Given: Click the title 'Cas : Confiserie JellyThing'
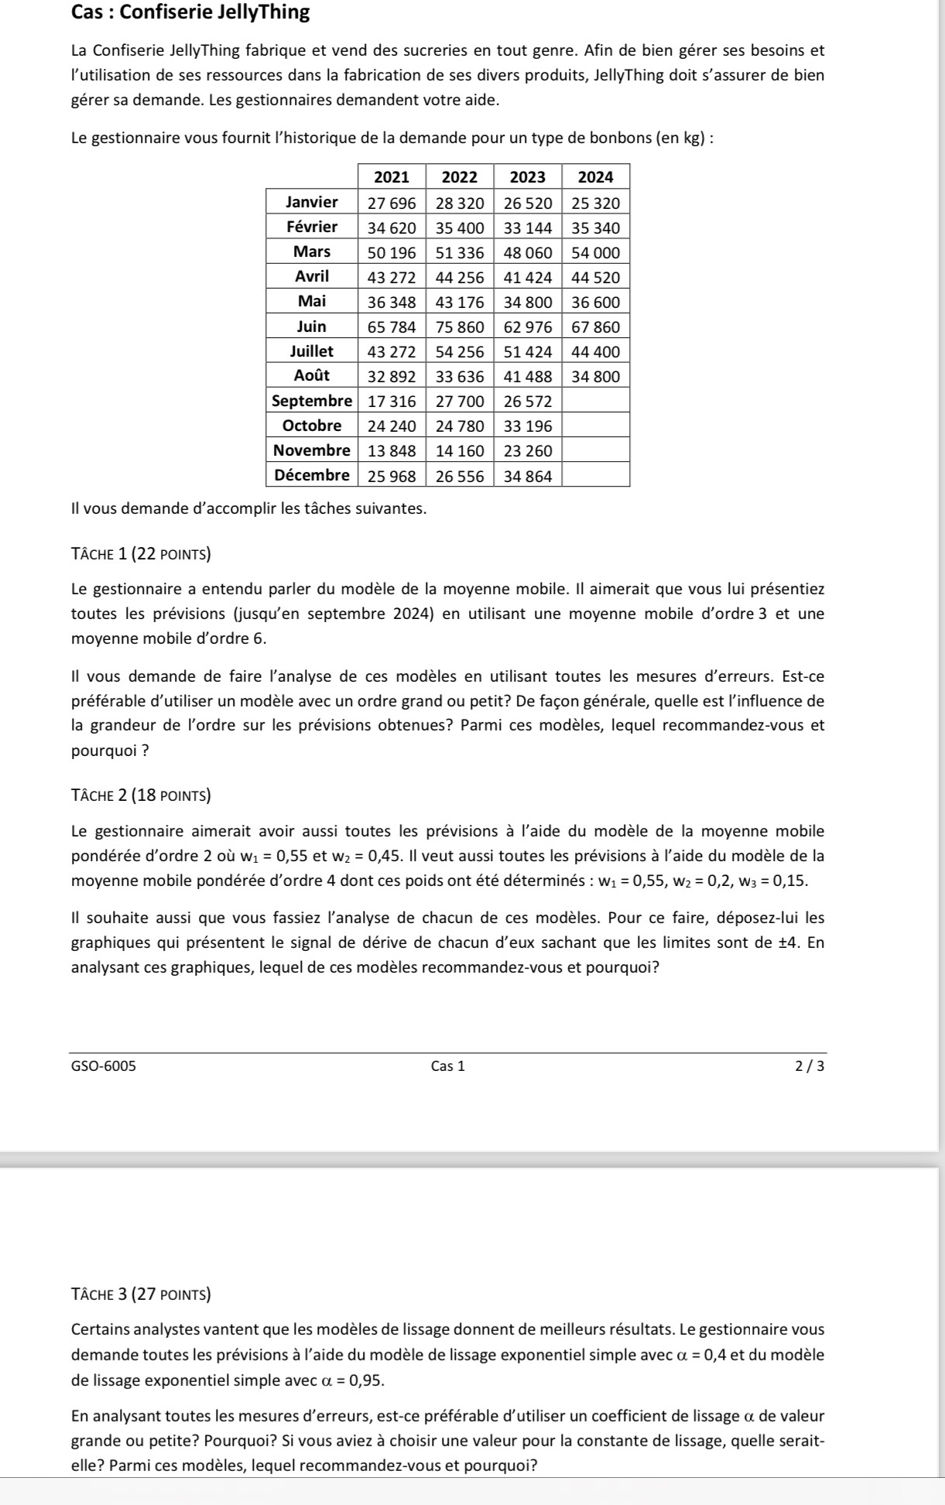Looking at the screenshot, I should [x=190, y=12].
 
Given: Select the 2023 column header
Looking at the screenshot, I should [x=528, y=177].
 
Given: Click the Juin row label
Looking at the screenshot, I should [x=311, y=327].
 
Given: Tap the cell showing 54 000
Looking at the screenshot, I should [x=595, y=252].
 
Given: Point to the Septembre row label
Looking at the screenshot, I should [x=311, y=401].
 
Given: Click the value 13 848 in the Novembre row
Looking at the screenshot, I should [x=392, y=451].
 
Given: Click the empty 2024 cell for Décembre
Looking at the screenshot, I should [x=595, y=476].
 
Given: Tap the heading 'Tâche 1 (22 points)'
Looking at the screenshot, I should [x=141, y=554].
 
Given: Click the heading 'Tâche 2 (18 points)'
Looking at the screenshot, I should [x=141, y=795].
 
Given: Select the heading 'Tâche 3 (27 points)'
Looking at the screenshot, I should [x=141, y=1294].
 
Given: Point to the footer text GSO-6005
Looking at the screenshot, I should [x=103, y=1066].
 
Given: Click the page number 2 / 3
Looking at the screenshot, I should [x=810, y=1066].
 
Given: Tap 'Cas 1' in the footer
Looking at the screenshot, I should [x=448, y=1066].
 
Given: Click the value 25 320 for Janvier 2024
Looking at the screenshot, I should [x=595, y=203].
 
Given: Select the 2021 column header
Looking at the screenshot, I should [x=392, y=177].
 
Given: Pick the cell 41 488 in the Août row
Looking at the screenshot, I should [x=528, y=377].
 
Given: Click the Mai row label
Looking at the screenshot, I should [x=311, y=301].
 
